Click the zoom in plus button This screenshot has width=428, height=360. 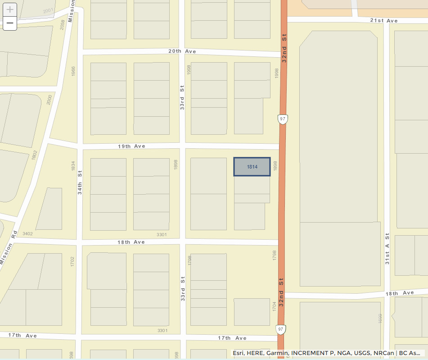click(x=10, y=9)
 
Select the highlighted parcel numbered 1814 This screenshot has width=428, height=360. click(x=252, y=167)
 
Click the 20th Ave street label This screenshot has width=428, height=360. click(x=182, y=51)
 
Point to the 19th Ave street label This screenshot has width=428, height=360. click(x=131, y=146)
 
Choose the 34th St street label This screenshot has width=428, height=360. click(x=80, y=182)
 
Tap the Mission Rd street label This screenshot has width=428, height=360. click(x=8, y=247)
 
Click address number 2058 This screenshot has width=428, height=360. click(x=62, y=25)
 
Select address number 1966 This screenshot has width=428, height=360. click(x=73, y=71)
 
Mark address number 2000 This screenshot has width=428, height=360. click(x=50, y=100)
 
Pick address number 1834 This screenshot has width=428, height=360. click(x=73, y=166)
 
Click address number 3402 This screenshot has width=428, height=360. click(x=27, y=233)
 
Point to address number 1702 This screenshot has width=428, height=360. click(x=72, y=261)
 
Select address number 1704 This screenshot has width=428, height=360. click(x=274, y=306)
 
